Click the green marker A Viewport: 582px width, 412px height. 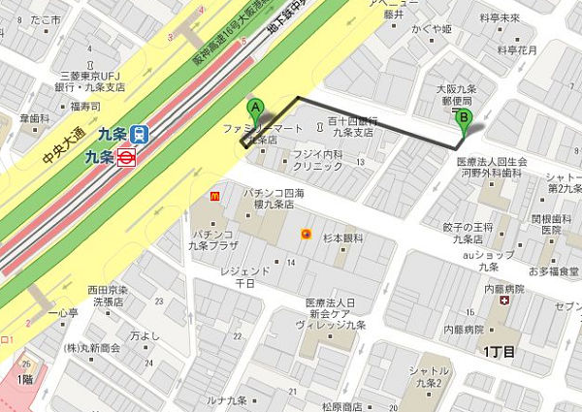point(256,110)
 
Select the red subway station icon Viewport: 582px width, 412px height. point(125,156)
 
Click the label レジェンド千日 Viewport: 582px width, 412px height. point(238,274)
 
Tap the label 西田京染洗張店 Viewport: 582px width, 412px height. point(106,295)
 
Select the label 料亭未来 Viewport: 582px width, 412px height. point(501,16)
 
